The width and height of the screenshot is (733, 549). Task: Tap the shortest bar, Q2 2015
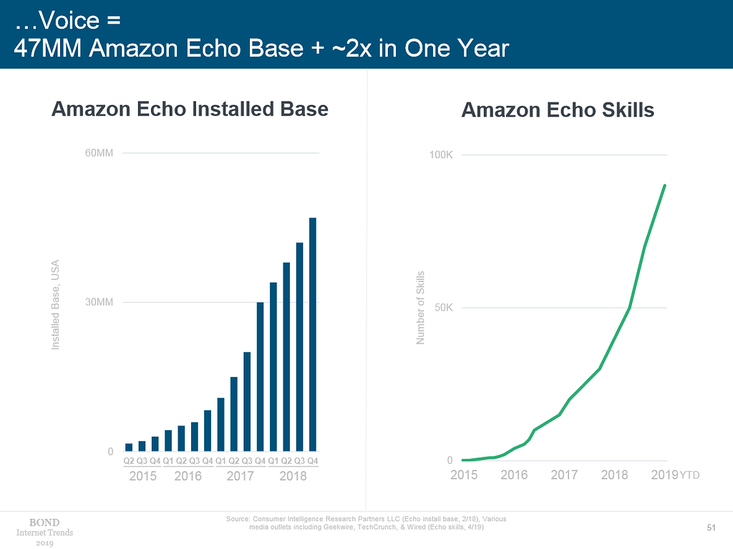click(129, 447)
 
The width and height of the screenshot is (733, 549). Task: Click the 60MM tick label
click(99, 153)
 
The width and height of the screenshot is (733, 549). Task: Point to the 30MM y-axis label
click(99, 302)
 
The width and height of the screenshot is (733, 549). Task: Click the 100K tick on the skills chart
click(441, 155)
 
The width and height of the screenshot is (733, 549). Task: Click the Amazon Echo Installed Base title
click(190, 110)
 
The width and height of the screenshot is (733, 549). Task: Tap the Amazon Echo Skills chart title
click(558, 110)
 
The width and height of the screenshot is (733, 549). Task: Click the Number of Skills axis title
click(421, 307)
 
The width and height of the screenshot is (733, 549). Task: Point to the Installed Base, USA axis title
click(55, 304)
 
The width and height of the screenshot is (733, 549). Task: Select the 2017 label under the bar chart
click(241, 476)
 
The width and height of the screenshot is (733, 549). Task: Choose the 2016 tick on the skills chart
click(514, 475)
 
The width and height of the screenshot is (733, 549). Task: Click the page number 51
click(711, 528)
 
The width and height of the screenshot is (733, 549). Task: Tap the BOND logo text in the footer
click(44, 522)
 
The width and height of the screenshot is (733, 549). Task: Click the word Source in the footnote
click(238, 518)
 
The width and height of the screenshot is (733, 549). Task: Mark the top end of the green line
click(665, 185)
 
